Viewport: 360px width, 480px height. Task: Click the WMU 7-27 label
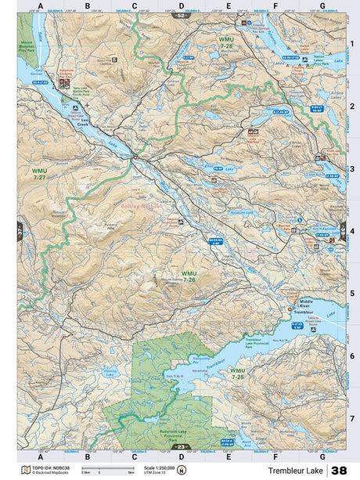(39, 173)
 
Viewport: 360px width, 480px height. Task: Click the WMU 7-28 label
(226, 44)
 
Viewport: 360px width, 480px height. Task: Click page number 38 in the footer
(339, 471)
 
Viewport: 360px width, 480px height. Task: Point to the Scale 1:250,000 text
(161, 467)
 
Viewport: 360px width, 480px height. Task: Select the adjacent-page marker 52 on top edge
(182, 15)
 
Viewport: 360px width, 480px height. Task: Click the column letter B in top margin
(87, 5)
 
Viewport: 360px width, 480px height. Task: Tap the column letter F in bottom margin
(275, 456)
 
